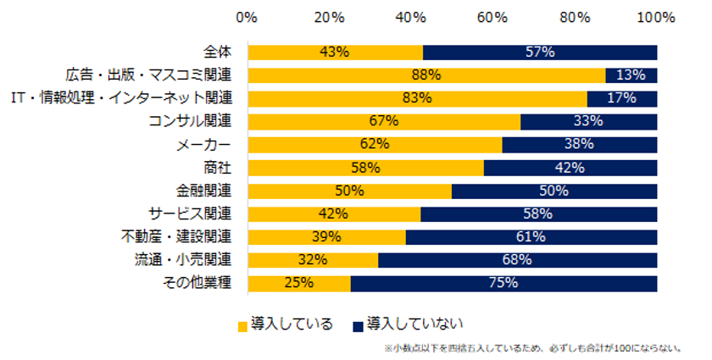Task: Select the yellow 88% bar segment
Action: (x=426, y=75)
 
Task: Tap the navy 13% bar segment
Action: (x=631, y=75)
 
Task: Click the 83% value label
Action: (x=417, y=98)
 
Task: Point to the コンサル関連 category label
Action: (x=194, y=121)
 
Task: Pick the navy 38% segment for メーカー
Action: (x=579, y=144)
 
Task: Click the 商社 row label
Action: (x=223, y=167)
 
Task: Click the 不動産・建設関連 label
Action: (x=180, y=236)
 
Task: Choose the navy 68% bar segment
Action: (x=517, y=259)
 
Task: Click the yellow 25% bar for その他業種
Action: (x=298, y=282)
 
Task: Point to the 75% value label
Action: (x=503, y=282)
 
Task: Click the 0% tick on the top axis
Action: (x=247, y=16)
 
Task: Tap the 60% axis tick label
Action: (x=492, y=16)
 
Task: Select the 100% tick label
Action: (x=656, y=16)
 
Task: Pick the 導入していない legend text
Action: (x=415, y=324)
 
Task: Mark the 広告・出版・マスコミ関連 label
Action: (x=151, y=75)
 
